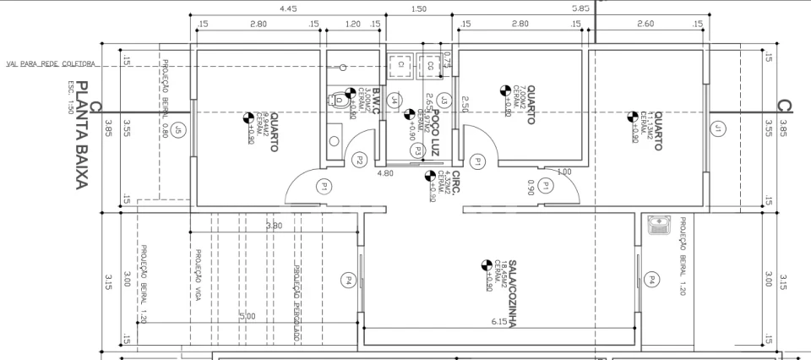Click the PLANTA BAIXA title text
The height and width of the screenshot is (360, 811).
(x=83, y=135)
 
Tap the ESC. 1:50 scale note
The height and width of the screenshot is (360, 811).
(x=71, y=97)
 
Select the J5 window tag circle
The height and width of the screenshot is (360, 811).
(x=178, y=129)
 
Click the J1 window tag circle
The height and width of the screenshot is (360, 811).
(x=717, y=129)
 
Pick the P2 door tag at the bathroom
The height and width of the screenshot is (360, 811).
(x=359, y=160)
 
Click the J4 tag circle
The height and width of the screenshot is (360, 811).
(x=394, y=100)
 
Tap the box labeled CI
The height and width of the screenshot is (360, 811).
(x=400, y=64)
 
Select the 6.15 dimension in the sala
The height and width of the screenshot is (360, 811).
(x=500, y=321)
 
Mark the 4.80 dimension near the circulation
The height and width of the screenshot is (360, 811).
(x=385, y=173)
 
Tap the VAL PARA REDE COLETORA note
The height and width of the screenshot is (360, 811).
(x=51, y=63)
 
